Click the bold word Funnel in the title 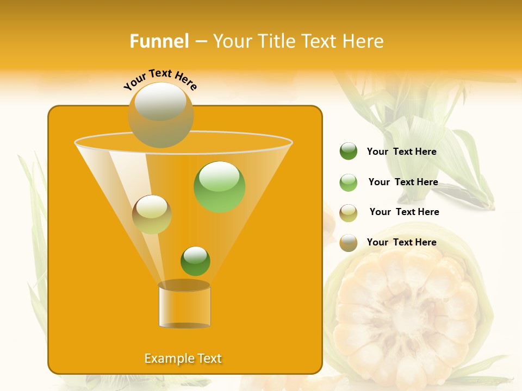[x=159, y=41]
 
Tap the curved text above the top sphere [x=160, y=79]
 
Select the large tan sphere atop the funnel [x=160, y=115]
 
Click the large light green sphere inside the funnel [x=219, y=186]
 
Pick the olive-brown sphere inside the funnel [x=152, y=215]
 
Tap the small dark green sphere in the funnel [x=195, y=261]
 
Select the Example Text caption [x=183, y=358]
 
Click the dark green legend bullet [x=349, y=151]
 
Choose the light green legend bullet [x=349, y=182]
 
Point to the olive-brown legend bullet [x=349, y=213]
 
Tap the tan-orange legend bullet [x=349, y=243]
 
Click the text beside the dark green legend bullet [x=401, y=152]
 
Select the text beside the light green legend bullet [x=403, y=182]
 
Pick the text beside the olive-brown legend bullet [x=404, y=212]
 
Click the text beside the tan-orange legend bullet [x=401, y=242]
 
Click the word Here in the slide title [x=359, y=41]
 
